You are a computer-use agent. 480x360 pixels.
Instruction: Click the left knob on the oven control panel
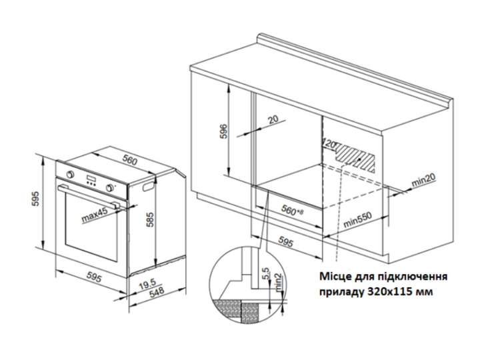tap(71, 175)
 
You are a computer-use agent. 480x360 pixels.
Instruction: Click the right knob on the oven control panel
tap(109, 187)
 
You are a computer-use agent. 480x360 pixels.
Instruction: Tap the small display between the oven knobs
tap(91, 179)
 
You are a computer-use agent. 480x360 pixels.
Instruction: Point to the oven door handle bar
tap(89, 196)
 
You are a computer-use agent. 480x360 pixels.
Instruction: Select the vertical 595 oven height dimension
tap(36, 199)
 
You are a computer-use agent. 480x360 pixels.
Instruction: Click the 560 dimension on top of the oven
tap(130, 160)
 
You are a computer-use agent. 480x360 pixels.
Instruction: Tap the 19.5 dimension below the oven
tap(147, 285)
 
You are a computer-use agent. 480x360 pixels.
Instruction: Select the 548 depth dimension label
tap(157, 293)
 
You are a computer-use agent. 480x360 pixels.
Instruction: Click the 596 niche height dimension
tap(225, 131)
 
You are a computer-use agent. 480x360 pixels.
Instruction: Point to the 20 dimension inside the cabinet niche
tap(273, 119)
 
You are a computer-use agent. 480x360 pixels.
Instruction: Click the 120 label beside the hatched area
tap(329, 145)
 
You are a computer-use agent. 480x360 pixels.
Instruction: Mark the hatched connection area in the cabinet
tap(355, 158)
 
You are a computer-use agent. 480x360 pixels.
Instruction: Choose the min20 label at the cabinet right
tap(424, 181)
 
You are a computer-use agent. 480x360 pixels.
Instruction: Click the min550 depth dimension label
tap(357, 219)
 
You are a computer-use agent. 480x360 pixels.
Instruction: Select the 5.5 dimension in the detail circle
tap(265, 274)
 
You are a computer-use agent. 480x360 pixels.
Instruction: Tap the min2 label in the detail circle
tap(278, 283)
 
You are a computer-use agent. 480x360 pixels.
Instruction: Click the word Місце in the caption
tap(335, 277)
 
